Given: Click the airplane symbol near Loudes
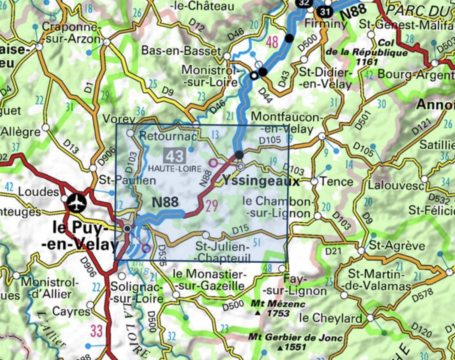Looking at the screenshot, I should click(x=76, y=202).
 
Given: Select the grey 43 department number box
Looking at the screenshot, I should click(x=174, y=156).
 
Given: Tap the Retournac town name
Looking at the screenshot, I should click(x=168, y=136).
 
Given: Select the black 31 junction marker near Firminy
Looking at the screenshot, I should click(x=325, y=12).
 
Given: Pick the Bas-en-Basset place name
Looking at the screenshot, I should click(x=181, y=51).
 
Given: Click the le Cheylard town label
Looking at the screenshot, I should click(x=330, y=318).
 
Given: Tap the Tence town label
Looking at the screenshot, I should click(x=336, y=182).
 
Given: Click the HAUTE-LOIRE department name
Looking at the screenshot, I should click(x=174, y=169).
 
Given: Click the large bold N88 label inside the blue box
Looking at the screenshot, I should click(x=165, y=202).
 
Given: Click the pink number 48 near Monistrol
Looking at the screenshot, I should click(x=272, y=42).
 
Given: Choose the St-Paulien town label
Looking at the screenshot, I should click(x=127, y=180).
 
